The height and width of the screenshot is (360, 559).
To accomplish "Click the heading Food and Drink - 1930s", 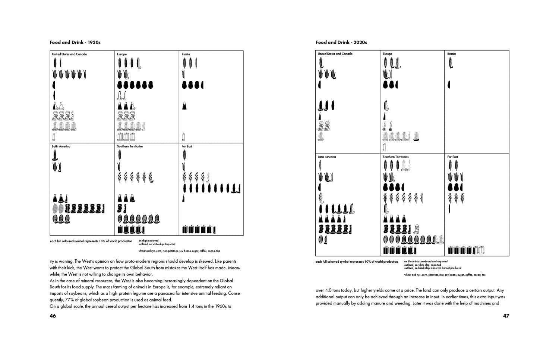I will click(x=75, y=42).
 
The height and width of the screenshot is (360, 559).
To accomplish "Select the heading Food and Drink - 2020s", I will click(x=341, y=42).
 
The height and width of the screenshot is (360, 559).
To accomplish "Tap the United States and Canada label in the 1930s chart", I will click(x=69, y=54).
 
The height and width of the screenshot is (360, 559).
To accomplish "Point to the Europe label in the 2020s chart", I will click(x=387, y=54).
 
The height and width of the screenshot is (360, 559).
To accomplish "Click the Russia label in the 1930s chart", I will click(x=186, y=54).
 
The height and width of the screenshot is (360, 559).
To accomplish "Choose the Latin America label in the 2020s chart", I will click(x=326, y=157).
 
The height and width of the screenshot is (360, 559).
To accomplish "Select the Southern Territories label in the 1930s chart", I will click(x=130, y=146).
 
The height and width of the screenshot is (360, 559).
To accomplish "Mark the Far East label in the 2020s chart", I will click(x=452, y=157).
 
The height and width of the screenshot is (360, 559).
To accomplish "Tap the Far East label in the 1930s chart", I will click(x=187, y=146).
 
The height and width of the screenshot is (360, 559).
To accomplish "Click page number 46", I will click(x=53, y=316).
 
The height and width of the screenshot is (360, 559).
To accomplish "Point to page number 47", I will click(x=506, y=316).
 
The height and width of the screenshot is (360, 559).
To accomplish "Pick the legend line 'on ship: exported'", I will click(x=148, y=241).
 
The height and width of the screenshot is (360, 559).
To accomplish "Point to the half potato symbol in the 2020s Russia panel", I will click(x=449, y=85).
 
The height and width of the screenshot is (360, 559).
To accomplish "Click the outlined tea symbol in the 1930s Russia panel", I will click(x=183, y=137).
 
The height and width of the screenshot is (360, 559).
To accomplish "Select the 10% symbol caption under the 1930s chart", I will click(x=91, y=241).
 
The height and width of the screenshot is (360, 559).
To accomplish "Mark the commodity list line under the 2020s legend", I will click(x=445, y=275).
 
